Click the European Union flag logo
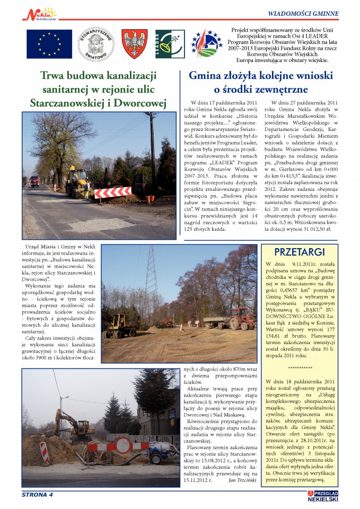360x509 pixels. point(49,43)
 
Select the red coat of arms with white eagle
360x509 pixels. point(134,43)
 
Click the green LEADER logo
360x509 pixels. point(170,43)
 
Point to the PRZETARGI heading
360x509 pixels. point(300,252)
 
